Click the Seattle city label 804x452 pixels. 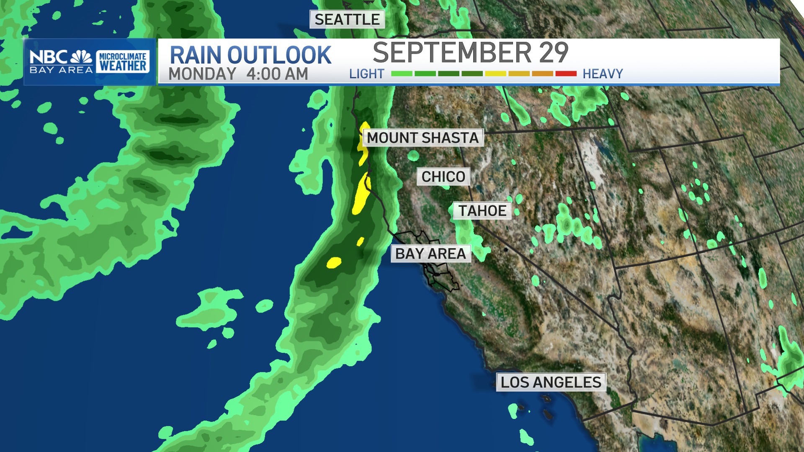347,20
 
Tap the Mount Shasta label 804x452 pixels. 423,138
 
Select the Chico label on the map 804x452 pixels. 443,177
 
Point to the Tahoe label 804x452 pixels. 482,211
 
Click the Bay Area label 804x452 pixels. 430,254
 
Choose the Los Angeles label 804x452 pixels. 551,382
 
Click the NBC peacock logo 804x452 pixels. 82,56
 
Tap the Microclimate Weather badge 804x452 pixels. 123,62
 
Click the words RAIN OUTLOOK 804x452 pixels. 250,55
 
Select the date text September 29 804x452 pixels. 470,53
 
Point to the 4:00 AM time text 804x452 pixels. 277,74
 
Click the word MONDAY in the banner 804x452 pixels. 202,74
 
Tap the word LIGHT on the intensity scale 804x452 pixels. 366,74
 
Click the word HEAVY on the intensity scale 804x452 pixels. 603,74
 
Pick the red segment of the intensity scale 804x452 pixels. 566,74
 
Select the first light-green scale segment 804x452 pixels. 402,74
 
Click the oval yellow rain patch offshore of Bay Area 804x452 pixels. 334,262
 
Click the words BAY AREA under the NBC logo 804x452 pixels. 61,70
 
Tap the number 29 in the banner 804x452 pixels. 554,53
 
